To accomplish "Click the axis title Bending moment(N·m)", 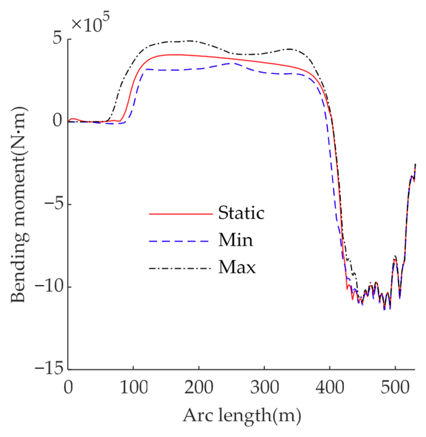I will [19, 205].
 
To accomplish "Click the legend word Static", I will [241, 213].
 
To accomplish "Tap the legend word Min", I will [235, 240].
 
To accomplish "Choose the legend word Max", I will [237, 268].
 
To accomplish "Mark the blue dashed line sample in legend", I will [181, 241].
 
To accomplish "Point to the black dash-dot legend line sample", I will [181, 268].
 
